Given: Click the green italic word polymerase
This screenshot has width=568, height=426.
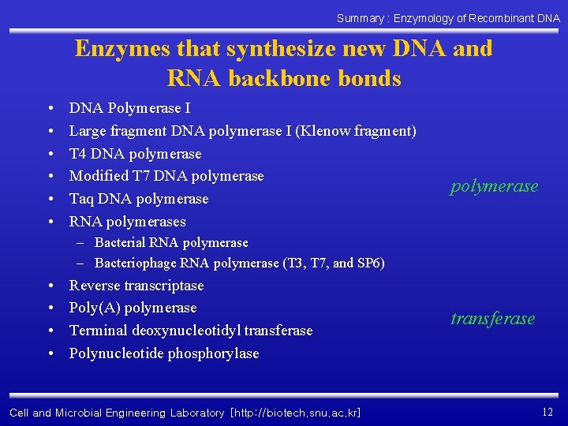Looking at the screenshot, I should tap(494, 186).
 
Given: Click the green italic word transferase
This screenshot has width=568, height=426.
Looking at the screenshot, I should tap(492, 319).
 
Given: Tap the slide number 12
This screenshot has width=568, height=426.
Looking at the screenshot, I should tap(547, 411).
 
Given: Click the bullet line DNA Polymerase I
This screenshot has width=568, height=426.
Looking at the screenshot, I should tap(129, 108).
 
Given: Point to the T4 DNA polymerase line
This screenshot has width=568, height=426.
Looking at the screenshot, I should tap(135, 154).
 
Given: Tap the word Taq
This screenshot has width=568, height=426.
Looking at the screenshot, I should tap(81, 199).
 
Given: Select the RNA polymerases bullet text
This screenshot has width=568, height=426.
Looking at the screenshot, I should tap(127, 222).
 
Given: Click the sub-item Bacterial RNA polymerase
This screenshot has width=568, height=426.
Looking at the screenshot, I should tap(171, 243).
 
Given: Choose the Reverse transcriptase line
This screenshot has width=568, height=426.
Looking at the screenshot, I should tap(136, 286).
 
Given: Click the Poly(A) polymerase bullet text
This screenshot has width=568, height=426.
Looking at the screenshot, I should tap(133, 308).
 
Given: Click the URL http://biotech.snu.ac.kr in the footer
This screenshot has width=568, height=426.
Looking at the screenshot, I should tap(295, 413).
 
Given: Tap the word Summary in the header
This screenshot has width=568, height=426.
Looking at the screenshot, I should tap(360, 17).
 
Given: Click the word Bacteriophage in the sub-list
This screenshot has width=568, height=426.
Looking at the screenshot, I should tap(136, 263).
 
